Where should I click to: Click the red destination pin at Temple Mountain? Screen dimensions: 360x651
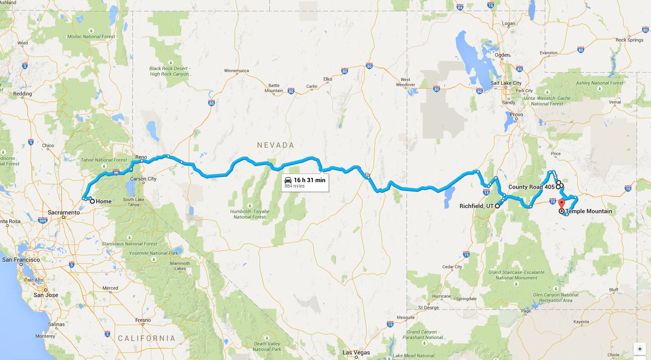(x=561, y=203)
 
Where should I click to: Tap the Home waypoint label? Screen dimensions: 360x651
(x=103, y=202)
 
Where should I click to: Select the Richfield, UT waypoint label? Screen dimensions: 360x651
(x=476, y=206)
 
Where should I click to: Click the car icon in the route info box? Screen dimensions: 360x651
(x=288, y=180)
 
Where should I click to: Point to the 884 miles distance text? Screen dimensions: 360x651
(x=294, y=186)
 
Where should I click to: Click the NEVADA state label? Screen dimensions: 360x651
(x=276, y=145)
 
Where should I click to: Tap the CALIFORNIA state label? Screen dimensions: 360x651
(x=146, y=338)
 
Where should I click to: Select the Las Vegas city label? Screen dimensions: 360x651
(x=356, y=352)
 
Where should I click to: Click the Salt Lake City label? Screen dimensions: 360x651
(x=506, y=83)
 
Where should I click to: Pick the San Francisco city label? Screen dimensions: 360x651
(x=21, y=260)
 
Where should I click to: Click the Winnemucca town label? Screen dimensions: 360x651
(x=237, y=71)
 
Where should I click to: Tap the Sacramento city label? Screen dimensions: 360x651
(x=64, y=212)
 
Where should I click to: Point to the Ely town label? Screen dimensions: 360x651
(x=368, y=174)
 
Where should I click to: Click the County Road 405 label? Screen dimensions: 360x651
(x=531, y=187)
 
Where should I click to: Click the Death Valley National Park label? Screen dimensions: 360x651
(x=267, y=346)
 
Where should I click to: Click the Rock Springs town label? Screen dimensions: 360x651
(x=629, y=40)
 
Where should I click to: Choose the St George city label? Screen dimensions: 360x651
(x=428, y=308)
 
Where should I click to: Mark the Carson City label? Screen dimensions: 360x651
(x=143, y=179)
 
